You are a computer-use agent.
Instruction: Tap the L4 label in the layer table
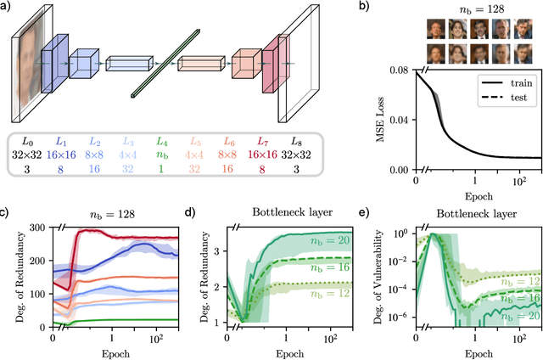(160, 141)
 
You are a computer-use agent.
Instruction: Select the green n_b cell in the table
(160, 156)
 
